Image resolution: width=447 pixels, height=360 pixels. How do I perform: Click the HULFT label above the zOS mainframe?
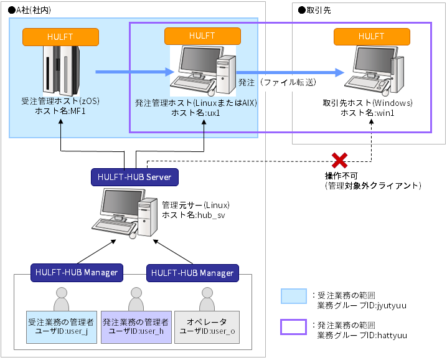point(60,36)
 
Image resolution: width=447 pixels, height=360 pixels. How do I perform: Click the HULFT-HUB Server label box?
point(134,177)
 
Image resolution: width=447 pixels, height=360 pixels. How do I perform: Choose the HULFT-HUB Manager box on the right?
point(192,273)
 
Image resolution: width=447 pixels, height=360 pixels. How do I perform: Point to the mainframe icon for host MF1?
point(60,70)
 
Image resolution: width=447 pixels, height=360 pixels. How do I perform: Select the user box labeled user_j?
point(61,327)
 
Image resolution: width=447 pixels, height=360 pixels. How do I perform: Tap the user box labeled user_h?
point(135,327)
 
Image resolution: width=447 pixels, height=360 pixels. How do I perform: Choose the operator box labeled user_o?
point(207,327)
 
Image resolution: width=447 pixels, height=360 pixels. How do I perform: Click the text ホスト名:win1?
point(367,113)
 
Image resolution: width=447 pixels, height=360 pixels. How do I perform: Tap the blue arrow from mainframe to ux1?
point(134,72)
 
